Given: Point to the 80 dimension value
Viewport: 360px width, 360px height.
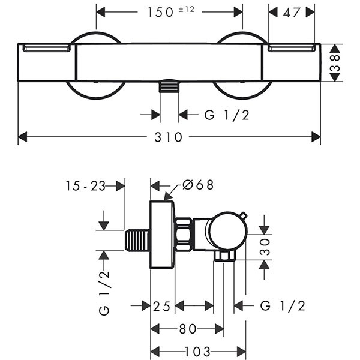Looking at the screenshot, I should click(x=187, y=329).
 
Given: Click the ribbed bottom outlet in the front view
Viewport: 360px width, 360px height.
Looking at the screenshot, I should click(x=169, y=87).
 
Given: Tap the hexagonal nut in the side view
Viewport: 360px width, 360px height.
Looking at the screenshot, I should click(x=184, y=235).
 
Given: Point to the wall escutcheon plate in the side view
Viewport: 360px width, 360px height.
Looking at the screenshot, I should click(x=162, y=237).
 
